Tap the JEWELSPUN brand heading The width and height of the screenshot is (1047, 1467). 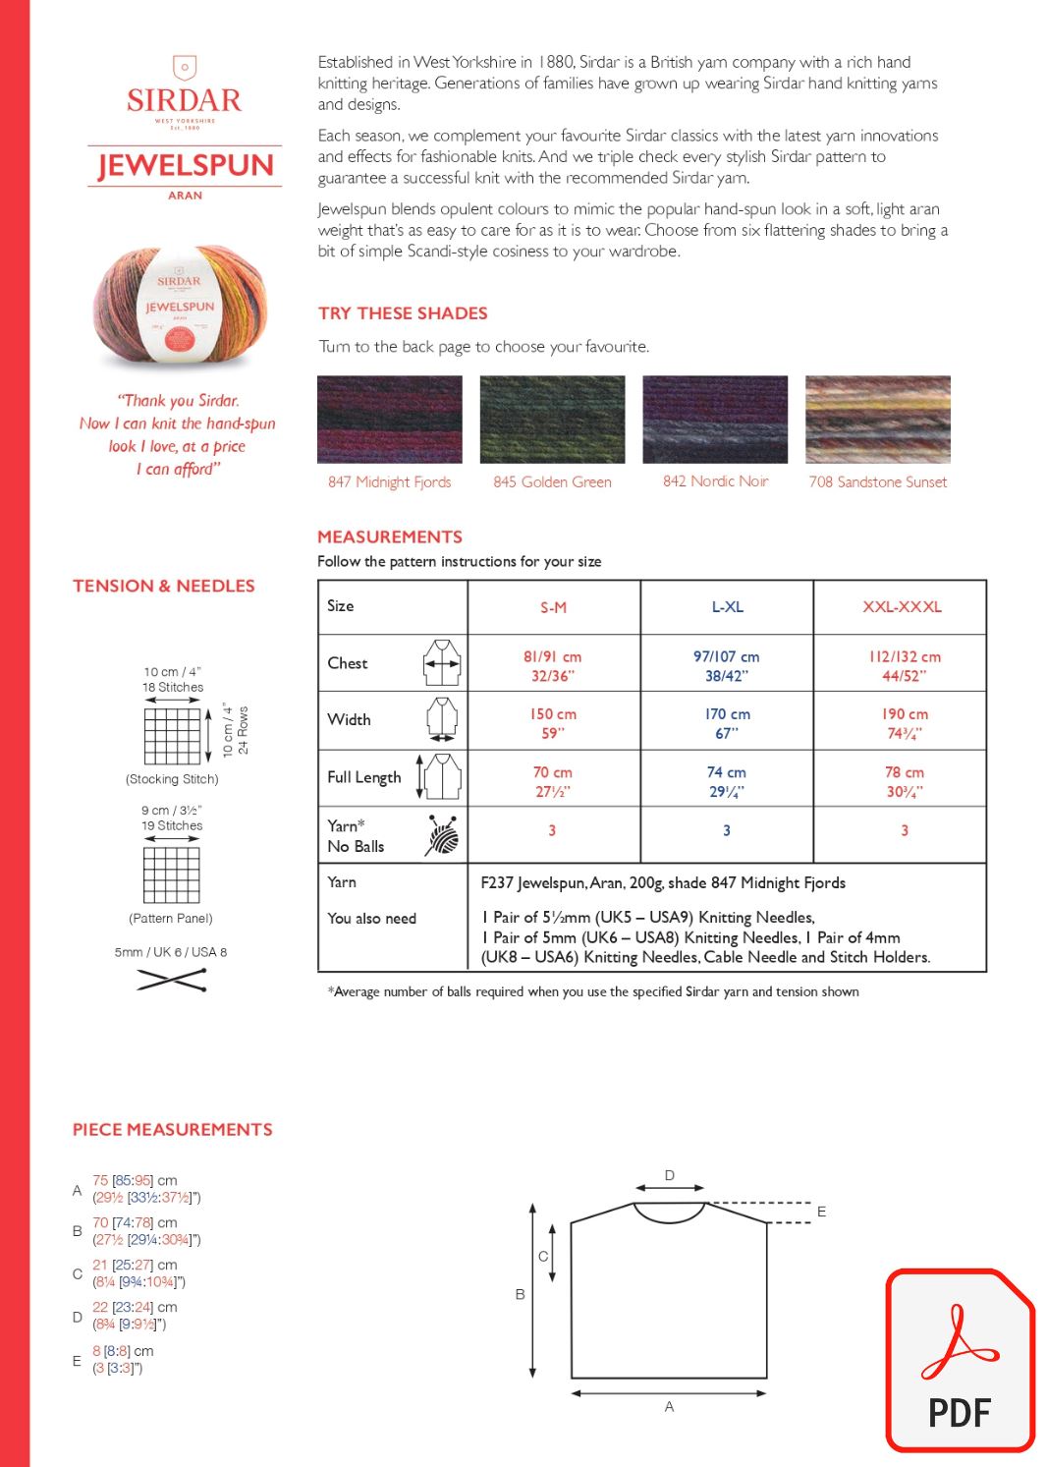point(185,165)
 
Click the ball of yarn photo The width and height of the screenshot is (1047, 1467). point(180,306)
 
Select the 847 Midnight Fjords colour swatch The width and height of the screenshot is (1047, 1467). point(389,420)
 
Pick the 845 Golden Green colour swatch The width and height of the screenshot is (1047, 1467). point(552,420)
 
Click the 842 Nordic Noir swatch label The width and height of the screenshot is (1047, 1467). point(715,481)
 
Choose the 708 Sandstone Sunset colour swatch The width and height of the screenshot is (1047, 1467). point(877,420)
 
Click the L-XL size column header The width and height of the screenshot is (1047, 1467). point(727,607)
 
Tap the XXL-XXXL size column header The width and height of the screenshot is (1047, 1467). point(902,607)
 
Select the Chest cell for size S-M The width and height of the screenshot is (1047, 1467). point(552,665)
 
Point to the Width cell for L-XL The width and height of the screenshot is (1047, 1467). point(727,723)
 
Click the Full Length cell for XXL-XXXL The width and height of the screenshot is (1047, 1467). point(904,781)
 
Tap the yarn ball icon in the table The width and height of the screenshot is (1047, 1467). point(443,835)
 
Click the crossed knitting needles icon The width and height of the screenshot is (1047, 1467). point(172,980)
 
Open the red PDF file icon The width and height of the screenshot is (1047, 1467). point(960,1361)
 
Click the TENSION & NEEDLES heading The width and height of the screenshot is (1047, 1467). point(164,586)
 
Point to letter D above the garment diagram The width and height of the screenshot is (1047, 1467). point(670,1175)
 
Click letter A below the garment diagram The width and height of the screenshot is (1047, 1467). point(669,1407)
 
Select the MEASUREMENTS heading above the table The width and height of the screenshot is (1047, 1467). point(390,536)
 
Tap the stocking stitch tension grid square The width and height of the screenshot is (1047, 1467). point(172,735)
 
